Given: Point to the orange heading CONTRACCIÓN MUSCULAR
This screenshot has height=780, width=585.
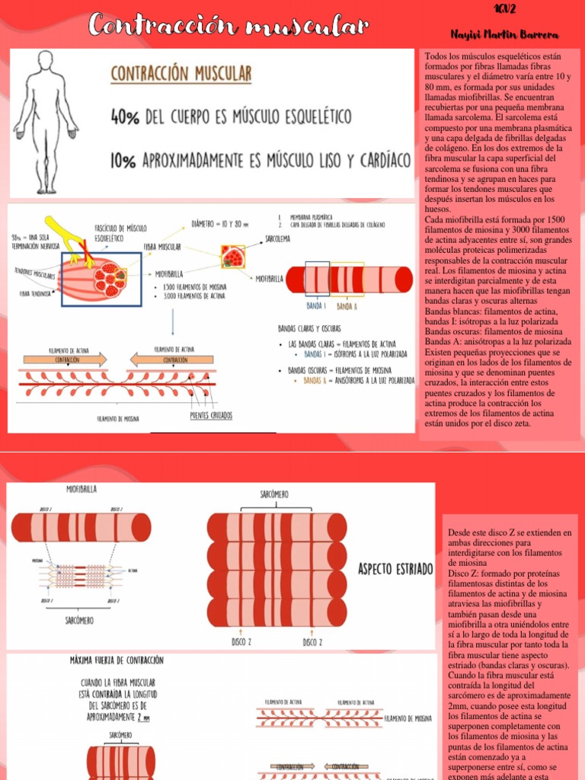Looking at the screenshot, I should (x=181, y=75).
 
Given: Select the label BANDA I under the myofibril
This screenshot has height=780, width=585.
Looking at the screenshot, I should (x=315, y=306).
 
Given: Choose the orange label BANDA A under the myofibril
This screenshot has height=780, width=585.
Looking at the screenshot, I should (x=347, y=306).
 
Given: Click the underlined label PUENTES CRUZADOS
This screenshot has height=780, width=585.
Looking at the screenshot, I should (x=211, y=416).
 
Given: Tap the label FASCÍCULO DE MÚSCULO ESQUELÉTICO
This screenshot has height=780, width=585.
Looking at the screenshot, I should (x=120, y=232).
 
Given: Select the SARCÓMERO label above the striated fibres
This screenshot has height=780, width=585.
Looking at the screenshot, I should (x=274, y=494).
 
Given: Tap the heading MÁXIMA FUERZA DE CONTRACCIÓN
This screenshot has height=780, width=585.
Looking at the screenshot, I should (x=117, y=660).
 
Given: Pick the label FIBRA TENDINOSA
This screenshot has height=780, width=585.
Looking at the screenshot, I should (x=31, y=292).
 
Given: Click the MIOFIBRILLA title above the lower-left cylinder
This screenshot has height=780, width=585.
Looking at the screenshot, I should (x=82, y=488).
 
